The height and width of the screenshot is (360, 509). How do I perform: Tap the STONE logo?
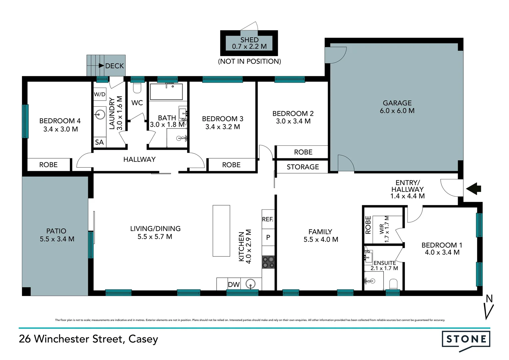(x=466, y=340)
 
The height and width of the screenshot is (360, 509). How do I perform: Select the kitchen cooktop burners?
(x=268, y=262)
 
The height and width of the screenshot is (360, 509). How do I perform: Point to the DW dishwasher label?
(x=234, y=284)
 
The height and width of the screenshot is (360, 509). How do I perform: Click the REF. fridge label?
(x=268, y=219)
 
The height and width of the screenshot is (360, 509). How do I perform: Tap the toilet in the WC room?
(x=137, y=88)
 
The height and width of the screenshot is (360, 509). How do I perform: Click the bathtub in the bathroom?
(x=166, y=92)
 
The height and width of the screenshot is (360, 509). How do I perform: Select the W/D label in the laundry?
(x=99, y=94)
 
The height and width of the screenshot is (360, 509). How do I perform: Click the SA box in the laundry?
(x=99, y=142)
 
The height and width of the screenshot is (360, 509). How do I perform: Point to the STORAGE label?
(x=302, y=167)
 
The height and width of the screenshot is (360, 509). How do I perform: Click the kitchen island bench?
(x=221, y=231)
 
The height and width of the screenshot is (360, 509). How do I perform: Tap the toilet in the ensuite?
(x=393, y=284)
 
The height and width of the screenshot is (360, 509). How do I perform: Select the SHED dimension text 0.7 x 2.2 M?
(x=249, y=47)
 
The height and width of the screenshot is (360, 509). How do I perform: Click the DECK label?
(x=114, y=66)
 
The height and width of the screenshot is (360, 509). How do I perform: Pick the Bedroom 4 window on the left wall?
(x=25, y=121)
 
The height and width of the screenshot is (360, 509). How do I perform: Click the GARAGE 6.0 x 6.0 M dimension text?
(x=397, y=111)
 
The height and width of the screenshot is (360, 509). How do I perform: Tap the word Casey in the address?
(x=143, y=339)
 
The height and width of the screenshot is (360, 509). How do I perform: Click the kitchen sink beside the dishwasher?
(x=251, y=284)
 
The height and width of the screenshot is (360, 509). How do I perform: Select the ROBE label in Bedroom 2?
(x=303, y=152)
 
